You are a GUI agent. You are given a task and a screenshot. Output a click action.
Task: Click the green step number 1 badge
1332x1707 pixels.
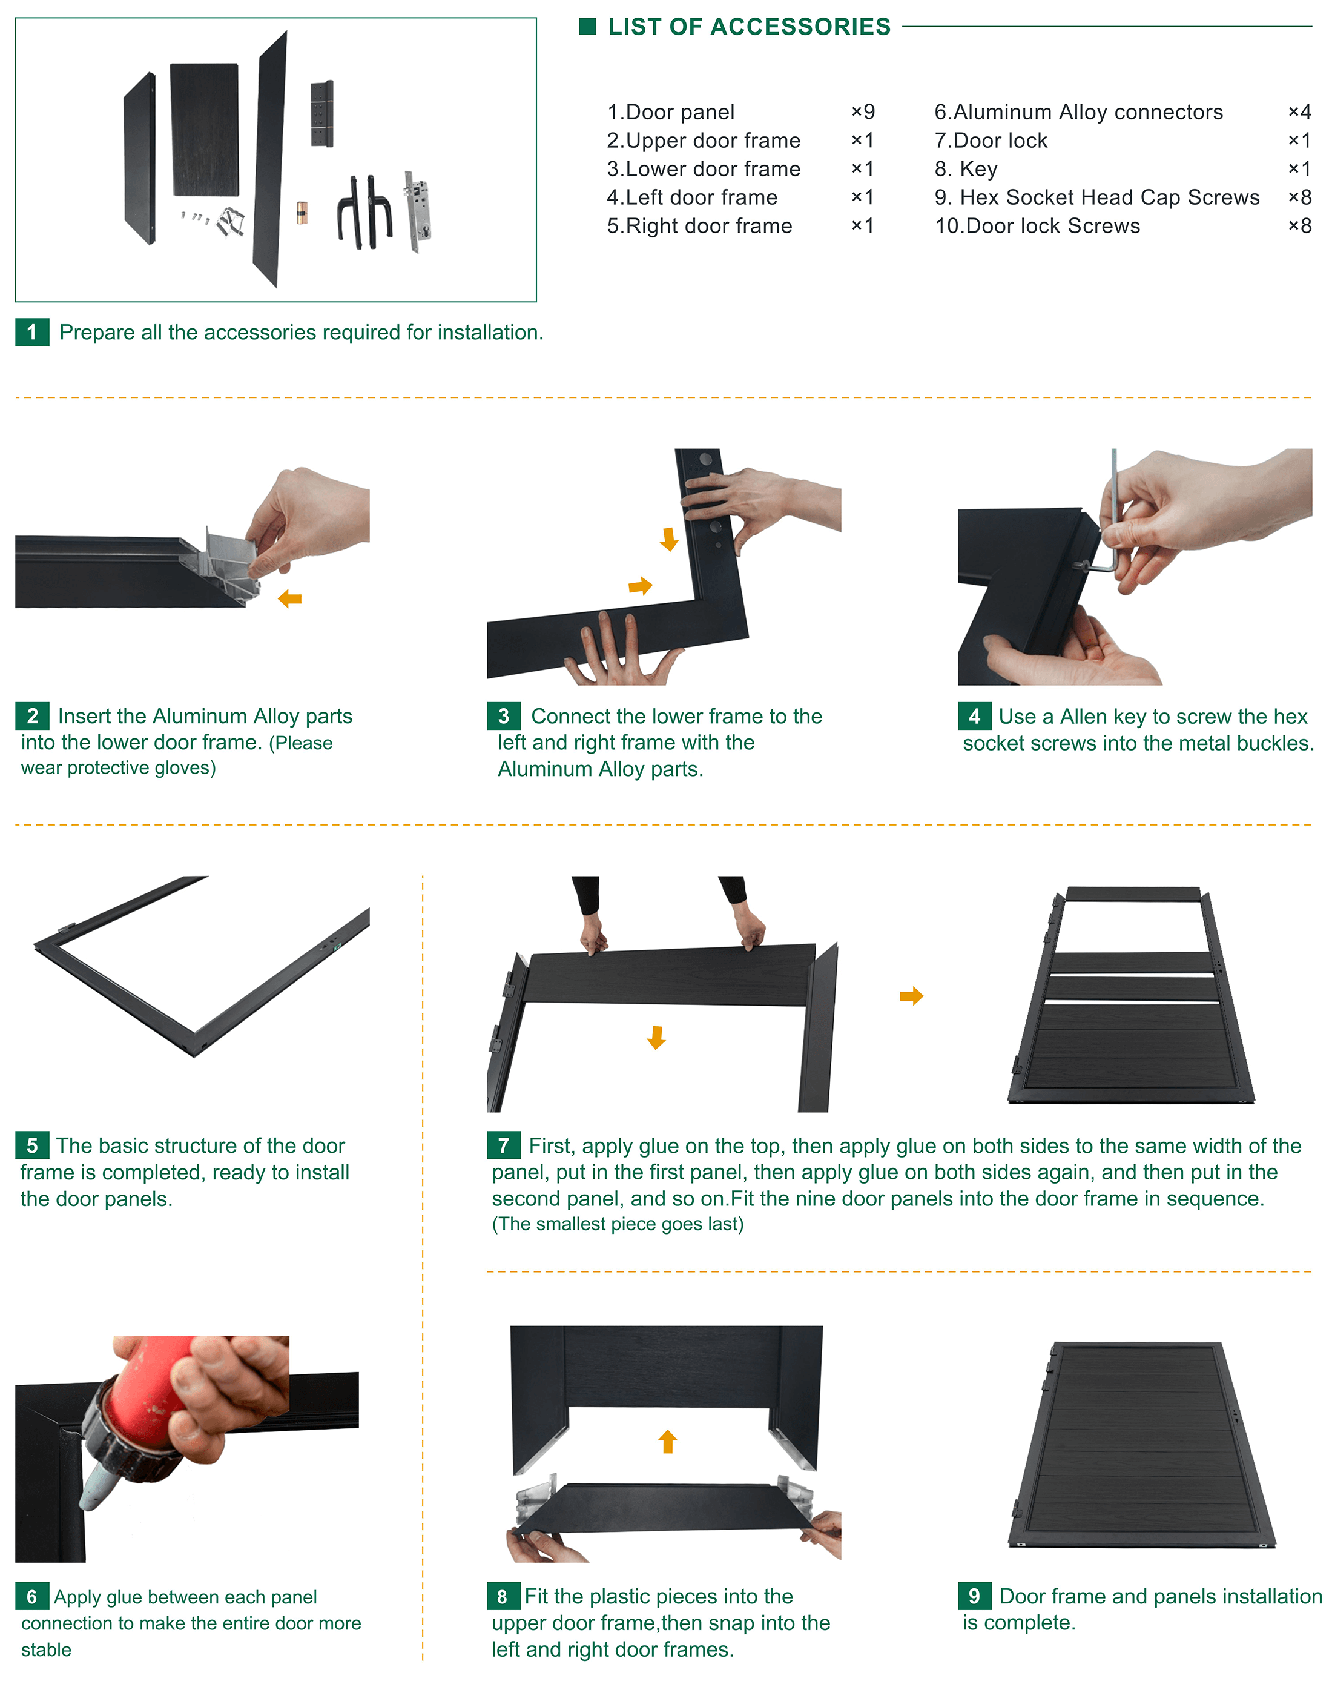click(32, 332)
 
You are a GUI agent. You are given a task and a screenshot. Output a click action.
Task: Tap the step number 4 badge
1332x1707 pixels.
click(974, 716)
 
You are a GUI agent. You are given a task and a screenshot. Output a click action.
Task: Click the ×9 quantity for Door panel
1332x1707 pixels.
click(863, 112)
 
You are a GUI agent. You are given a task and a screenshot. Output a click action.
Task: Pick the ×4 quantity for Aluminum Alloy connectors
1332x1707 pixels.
click(1299, 112)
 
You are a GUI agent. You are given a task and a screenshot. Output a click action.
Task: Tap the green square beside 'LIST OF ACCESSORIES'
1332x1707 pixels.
click(587, 27)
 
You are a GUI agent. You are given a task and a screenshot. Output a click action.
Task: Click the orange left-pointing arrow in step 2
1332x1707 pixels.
click(290, 598)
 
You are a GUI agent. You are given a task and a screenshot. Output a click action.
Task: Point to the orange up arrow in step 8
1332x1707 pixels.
click(667, 1441)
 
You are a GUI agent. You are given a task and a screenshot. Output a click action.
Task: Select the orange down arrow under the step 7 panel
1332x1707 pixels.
click(656, 1037)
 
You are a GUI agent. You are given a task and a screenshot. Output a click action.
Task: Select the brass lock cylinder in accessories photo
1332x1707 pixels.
click(302, 213)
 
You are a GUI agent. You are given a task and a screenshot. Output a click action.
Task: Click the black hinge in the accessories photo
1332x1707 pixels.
click(322, 113)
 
